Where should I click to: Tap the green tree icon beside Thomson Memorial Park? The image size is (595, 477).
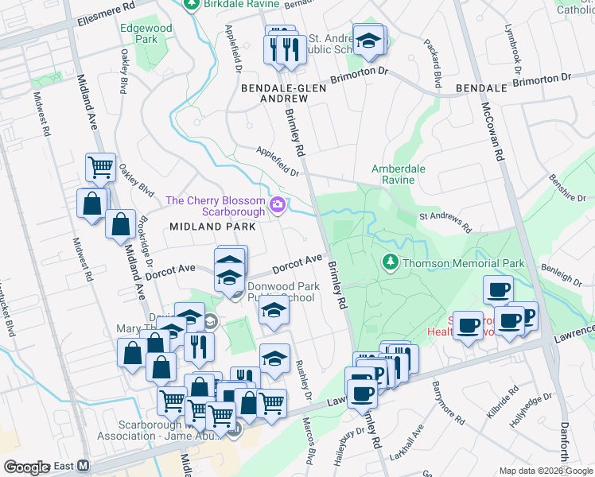390,262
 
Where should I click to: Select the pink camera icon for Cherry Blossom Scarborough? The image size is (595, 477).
278,206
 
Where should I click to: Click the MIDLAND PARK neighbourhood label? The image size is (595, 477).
212,227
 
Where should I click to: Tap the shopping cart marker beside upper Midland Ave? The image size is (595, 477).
101,168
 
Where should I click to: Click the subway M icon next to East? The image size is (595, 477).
82,466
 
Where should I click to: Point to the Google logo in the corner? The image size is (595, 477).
26,467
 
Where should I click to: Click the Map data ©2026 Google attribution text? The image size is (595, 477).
546,471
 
